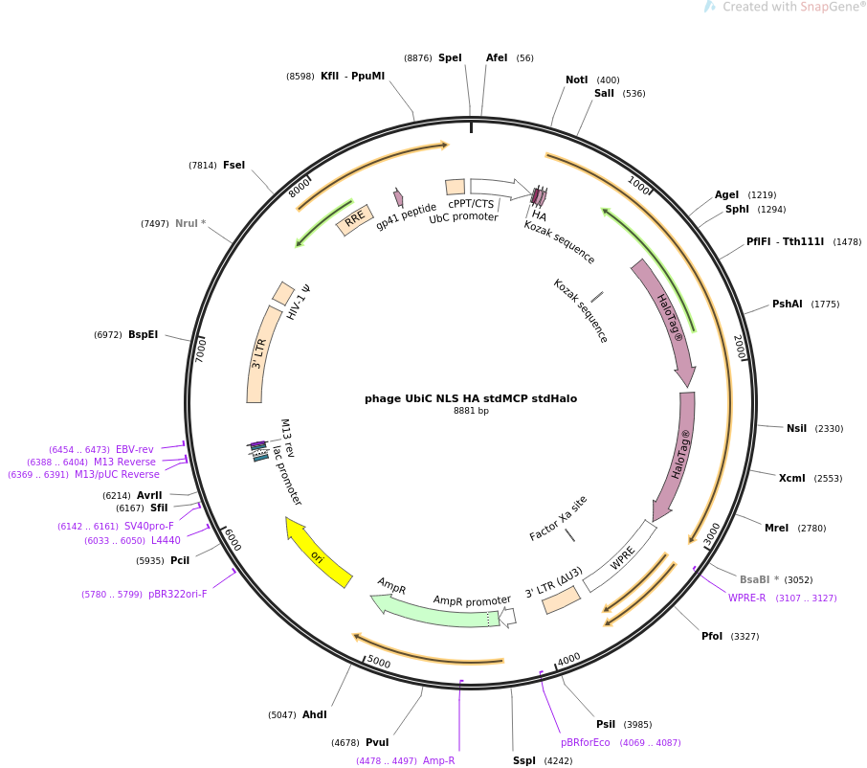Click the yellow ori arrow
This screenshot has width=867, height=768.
tap(319, 553)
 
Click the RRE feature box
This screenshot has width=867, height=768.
tap(354, 219)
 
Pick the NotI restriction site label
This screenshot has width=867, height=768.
tap(576, 80)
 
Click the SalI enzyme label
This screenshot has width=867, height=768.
tap(604, 94)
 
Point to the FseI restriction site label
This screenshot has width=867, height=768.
tap(233, 166)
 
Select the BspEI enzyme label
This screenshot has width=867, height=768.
tap(143, 335)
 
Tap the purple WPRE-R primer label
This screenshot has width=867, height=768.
tap(746, 599)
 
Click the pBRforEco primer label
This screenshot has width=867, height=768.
tap(585, 743)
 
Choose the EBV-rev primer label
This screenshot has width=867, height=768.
tap(134, 450)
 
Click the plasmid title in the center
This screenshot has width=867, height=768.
tap(470, 398)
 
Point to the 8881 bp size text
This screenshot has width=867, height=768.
tap(471, 412)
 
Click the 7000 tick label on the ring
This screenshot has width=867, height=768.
tap(201, 349)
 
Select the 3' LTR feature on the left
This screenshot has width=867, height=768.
tap(258, 353)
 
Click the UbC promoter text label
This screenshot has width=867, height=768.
tap(463, 217)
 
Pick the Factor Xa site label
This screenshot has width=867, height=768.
tap(558, 518)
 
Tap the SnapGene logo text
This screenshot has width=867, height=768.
tap(793, 8)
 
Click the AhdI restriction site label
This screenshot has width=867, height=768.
tap(314, 715)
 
